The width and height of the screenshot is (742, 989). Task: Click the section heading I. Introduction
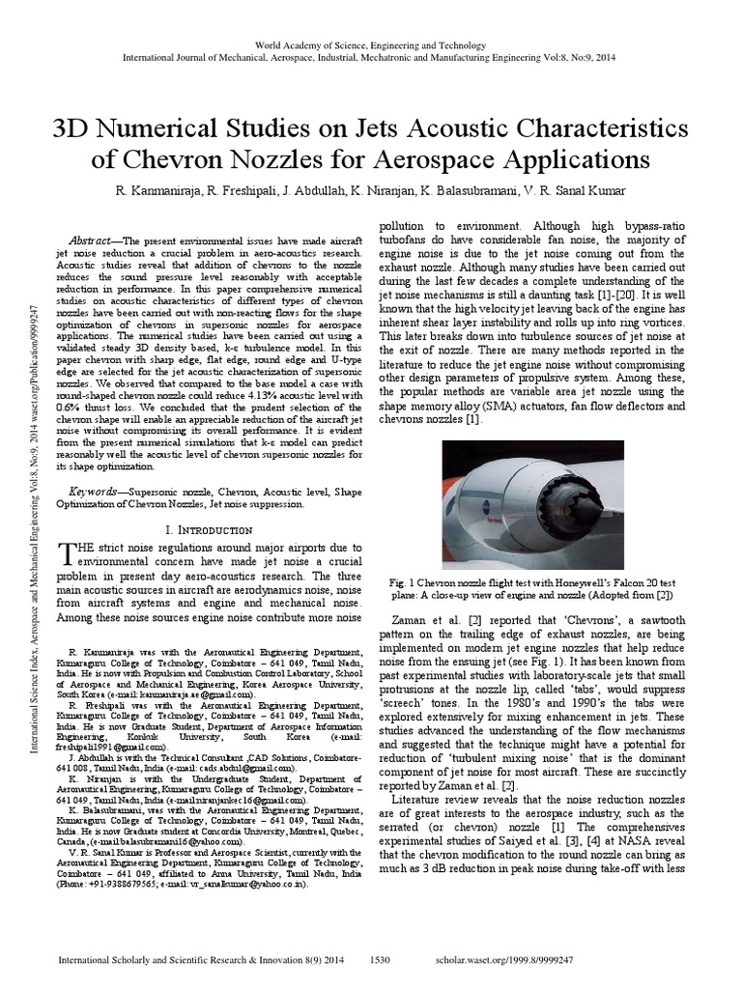tap(210, 530)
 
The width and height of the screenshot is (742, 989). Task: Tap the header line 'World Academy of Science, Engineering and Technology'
tap(370, 45)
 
